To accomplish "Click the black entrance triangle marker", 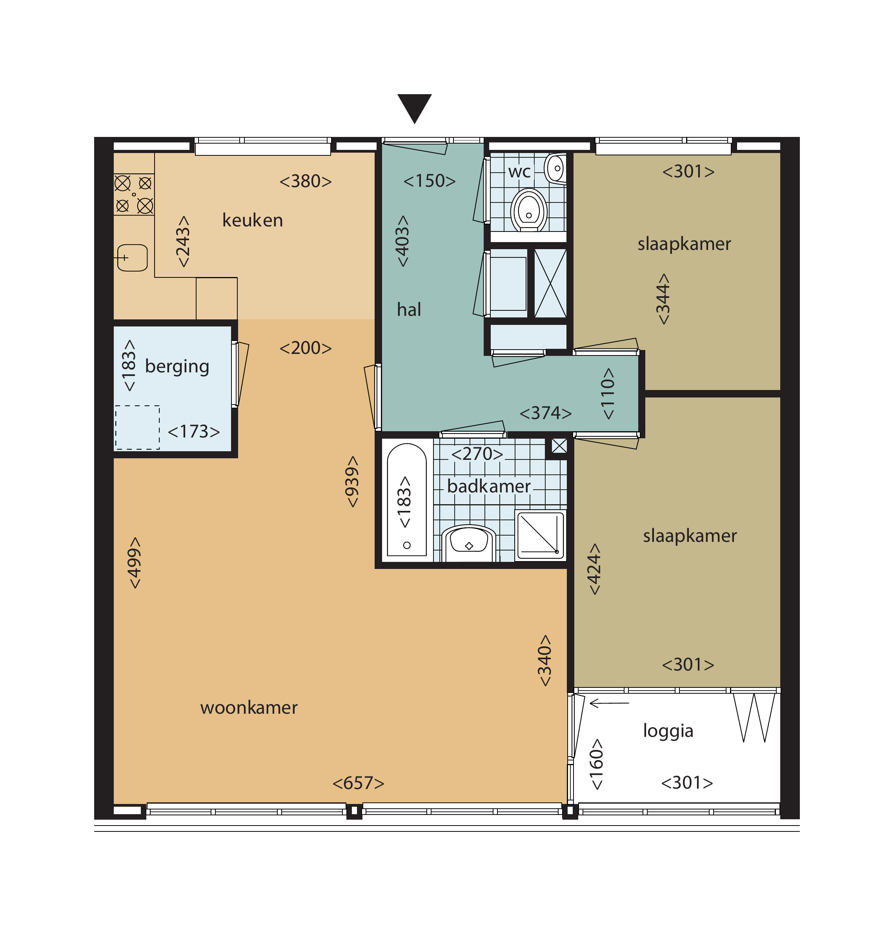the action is tap(414, 106).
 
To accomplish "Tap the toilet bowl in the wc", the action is tap(528, 210).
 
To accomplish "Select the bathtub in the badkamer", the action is tap(407, 500).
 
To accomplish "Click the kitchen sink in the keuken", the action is tap(132, 257).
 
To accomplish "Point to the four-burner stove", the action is tap(134, 195).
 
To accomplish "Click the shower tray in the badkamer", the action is tap(540, 535).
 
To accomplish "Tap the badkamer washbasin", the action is tap(468, 542).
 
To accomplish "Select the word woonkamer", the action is tap(249, 708).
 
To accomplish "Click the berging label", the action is tap(177, 366).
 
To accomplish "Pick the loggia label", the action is tap(668, 731).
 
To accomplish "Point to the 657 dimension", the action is tap(359, 783).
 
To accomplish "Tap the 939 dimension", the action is tap(352, 482).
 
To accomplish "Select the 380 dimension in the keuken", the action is tap(306, 181).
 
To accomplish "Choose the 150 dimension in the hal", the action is tap(429, 181).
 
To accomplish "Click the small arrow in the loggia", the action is tap(609, 703).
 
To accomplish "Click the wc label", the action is tap(519, 172).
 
